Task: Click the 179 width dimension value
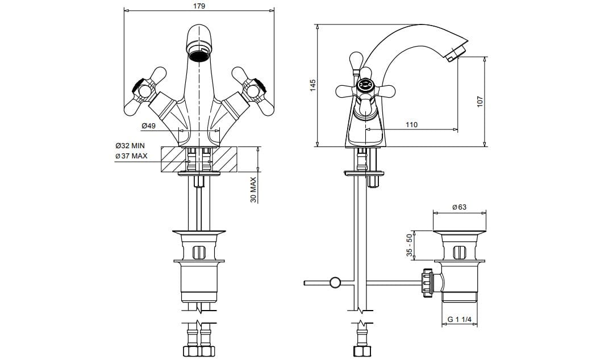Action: pyautogui.click(x=199, y=6)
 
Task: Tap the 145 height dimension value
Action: pyautogui.click(x=312, y=85)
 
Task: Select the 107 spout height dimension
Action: pyautogui.click(x=480, y=102)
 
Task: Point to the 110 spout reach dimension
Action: pyautogui.click(x=411, y=124)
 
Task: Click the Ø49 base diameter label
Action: pyautogui.click(x=148, y=125)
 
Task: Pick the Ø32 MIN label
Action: pyautogui.click(x=130, y=146)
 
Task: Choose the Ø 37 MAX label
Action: pyautogui.click(x=131, y=156)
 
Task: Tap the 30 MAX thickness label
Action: pyautogui.click(x=253, y=190)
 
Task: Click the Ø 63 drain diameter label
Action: pyautogui.click(x=459, y=207)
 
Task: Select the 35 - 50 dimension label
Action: pyautogui.click(x=409, y=245)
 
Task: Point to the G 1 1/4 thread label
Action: pyautogui.click(x=460, y=320)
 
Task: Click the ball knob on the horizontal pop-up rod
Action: pyautogui.click(x=335, y=282)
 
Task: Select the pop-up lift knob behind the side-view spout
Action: pyautogui.click(x=356, y=60)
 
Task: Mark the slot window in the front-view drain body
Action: pyautogui.click(x=199, y=252)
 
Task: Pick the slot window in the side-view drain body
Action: pyautogui.click(x=459, y=252)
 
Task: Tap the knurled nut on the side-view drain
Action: pyautogui.click(x=428, y=283)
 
